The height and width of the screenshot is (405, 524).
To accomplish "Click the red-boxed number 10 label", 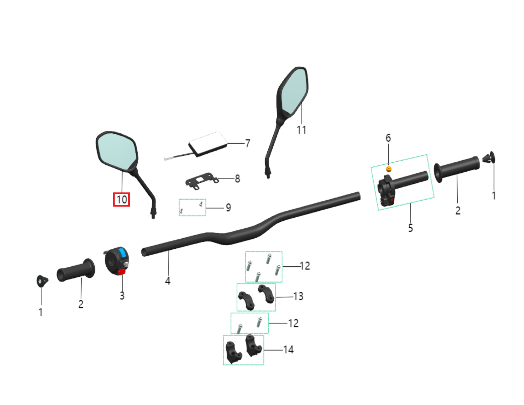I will [122, 200].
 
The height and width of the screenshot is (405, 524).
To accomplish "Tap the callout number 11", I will [301, 130].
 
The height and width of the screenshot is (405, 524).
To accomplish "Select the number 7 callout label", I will [248, 143].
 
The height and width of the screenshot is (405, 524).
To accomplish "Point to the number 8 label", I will [237, 179].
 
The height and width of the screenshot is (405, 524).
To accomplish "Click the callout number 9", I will [228, 208].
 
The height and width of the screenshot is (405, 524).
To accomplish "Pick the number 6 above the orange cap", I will [388, 138].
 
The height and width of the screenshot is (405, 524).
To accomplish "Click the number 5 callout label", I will [410, 228].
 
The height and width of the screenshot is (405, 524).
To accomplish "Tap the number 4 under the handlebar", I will [168, 280].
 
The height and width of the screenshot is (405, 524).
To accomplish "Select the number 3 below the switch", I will [122, 296].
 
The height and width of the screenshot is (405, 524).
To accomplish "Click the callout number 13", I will [298, 296].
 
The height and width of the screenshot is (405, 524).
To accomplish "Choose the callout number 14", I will [288, 350].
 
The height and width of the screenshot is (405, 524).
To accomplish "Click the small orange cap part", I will [389, 169].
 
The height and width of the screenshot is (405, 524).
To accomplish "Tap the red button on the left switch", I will [122, 272].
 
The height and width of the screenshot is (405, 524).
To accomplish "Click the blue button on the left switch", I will [122, 253].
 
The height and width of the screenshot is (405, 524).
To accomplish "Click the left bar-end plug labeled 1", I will [42, 280].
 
